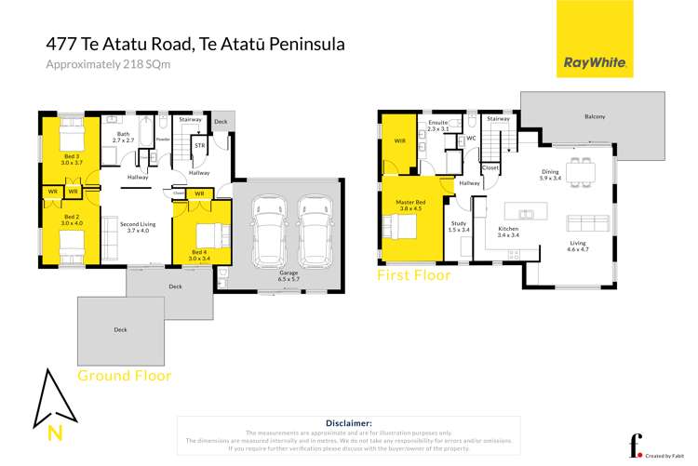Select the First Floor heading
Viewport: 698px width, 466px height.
413,275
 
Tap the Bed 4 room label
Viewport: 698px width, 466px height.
200,255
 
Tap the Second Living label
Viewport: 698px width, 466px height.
138,226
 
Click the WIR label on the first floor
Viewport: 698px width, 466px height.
399,142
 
